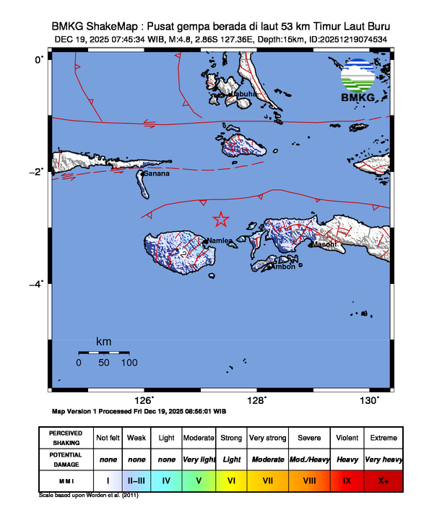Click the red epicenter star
coord(221,220)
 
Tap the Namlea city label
coord(220,241)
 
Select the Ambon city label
coord(282,267)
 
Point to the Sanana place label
coord(157,174)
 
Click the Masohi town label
coord(324,244)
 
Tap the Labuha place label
coord(243,94)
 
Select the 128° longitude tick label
coord(259,401)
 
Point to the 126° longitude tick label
coord(145,401)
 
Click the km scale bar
coord(103,353)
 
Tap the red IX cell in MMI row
coord(347,480)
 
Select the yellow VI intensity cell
coord(232,480)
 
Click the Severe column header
coord(308,438)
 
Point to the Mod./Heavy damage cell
coord(308,459)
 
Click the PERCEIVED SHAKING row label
coord(66,438)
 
